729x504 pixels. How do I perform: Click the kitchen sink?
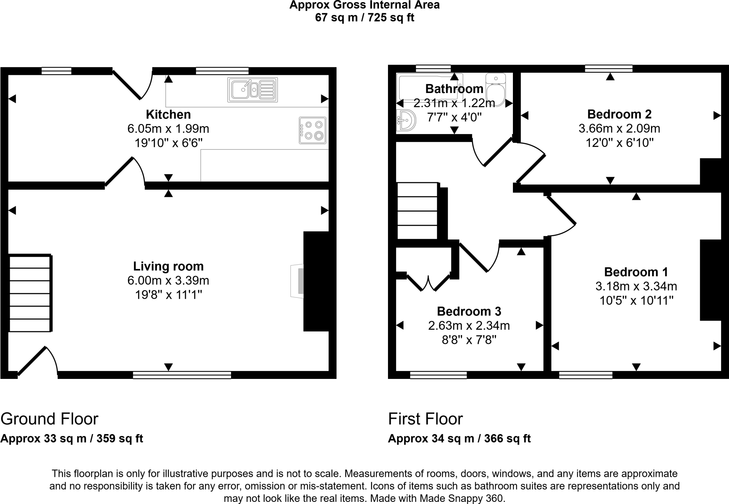(x=252, y=89)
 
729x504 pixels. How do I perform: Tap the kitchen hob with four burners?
(x=313, y=130)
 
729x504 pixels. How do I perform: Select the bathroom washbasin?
(x=406, y=120)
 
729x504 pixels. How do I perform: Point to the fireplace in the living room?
(x=297, y=281)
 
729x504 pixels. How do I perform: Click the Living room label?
(x=168, y=266)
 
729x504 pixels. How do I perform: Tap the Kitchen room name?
(x=168, y=114)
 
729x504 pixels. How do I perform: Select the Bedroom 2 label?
(x=619, y=114)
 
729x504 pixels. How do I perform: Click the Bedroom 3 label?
(x=469, y=311)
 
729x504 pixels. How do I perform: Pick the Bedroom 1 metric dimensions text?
(x=636, y=286)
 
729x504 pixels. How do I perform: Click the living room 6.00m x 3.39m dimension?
(x=168, y=281)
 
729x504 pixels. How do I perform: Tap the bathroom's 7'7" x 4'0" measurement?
(x=454, y=117)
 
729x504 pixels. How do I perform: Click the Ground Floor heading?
(x=49, y=419)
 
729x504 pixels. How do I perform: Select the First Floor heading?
(x=425, y=419)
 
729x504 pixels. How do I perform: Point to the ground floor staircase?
(x=30, y=293)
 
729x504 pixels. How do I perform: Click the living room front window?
(x=182, y=375)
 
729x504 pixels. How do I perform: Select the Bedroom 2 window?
(x=609, y=68)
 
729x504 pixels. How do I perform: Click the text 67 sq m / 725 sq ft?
(x=364, y=17)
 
